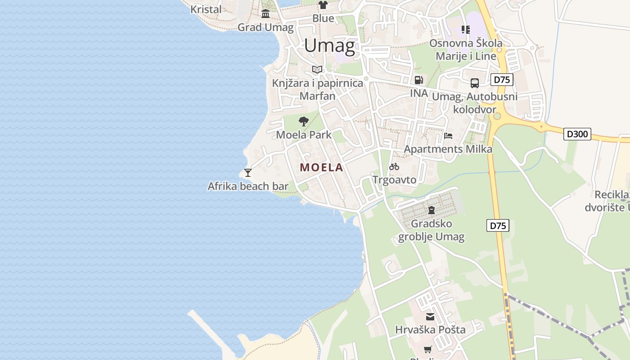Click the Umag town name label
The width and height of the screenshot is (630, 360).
(330, 46)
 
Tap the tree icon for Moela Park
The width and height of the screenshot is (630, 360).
(304, 121)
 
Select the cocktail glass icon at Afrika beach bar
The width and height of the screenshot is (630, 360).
(247, 172)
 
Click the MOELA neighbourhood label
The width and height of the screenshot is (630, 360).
(321, 168)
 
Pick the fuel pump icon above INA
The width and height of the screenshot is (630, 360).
(418, 80)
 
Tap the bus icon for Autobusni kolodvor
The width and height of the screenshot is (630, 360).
(475, 83)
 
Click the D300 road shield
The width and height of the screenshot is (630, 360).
(577, 134)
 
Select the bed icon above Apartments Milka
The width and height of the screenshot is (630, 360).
(448, 135)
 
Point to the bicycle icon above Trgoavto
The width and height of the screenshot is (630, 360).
(394, 166)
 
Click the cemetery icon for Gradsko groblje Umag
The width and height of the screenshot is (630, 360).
(432, 210)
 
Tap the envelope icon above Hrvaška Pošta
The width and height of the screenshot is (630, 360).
(430, 317)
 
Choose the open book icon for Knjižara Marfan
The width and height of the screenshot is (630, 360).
(317, 69)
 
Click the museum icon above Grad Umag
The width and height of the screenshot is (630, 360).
(265, 14)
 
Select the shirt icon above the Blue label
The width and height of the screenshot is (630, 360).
(323, 5)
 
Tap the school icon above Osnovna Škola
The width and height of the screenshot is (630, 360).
(466, 30)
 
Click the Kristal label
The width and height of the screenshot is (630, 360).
(206, 9)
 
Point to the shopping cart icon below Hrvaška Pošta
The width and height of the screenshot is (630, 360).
(428, 349)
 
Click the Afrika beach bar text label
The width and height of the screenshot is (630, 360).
(248, 186)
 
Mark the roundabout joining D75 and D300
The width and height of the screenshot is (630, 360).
(497, 116)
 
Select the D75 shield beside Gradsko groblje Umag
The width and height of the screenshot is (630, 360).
(498, 225)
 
